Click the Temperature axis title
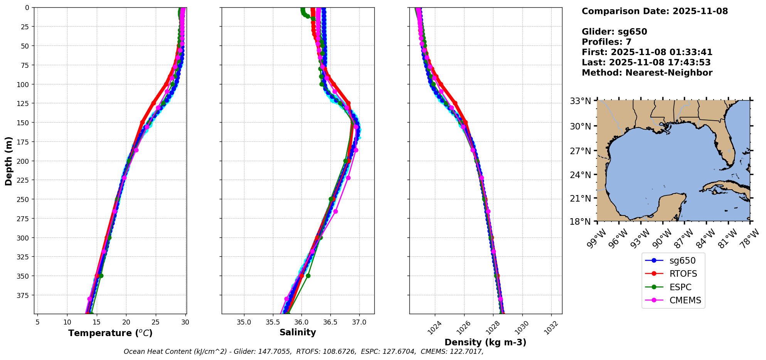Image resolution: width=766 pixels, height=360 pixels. click(x=110, y=333)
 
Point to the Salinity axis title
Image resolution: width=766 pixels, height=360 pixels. click(x=298, y=332)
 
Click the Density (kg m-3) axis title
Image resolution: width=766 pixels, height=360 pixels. click(x=485, y=342)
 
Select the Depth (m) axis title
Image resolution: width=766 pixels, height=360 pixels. click(x=8, y=161)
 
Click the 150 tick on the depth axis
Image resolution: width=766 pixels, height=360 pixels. click(x=24, y=123)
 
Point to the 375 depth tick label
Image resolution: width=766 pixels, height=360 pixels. click(x=24, y=295)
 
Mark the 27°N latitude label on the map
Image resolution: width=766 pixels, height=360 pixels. click(x=581, y=151)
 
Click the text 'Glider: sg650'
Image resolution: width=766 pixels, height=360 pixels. click(x=614, y=32)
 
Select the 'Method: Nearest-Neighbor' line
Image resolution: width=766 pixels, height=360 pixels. click(x=647, y=72)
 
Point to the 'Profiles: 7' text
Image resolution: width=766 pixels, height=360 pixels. click(x=606, y=42)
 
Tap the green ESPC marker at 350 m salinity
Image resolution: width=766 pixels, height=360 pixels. click(x=308, y=276)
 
